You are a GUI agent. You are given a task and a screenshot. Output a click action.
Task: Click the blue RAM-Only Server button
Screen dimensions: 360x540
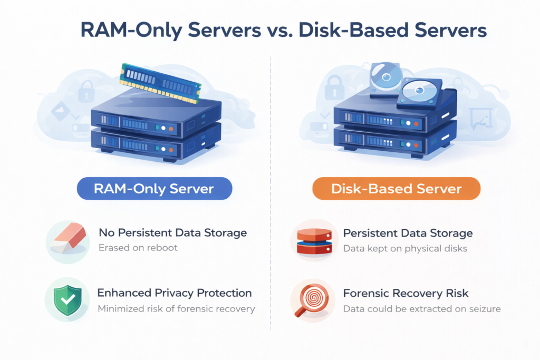[154, 189]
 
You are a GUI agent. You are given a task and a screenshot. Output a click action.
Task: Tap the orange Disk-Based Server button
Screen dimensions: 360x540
[396, 189]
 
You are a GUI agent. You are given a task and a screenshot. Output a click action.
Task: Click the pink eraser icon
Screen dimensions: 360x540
[66, 240]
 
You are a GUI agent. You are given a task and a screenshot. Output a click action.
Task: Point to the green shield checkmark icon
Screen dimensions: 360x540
[66, 299]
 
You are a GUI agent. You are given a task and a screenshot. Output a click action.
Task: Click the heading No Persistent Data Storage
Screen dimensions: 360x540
[172, 232]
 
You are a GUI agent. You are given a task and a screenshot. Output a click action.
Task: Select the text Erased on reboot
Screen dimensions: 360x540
[138, 247]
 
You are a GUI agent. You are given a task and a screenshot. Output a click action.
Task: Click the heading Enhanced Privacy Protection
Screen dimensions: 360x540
[175, 293]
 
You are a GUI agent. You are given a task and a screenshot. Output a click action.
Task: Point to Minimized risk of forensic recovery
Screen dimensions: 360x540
[176, 308]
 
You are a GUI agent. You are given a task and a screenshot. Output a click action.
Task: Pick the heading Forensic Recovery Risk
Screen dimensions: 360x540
[406, 293]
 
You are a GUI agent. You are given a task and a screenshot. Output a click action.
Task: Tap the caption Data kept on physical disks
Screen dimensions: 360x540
[405, 248]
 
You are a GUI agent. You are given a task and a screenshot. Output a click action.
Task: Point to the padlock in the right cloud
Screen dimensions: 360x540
[334, 87]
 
